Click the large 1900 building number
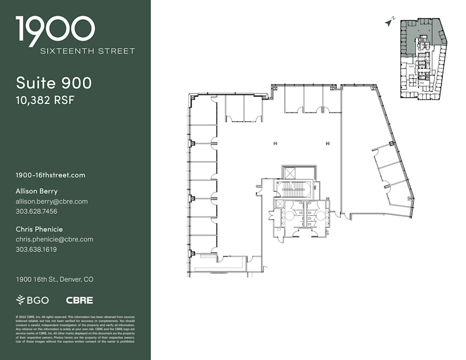pos(55,30)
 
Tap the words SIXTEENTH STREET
pos(88,51)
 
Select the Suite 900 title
pos(54,83)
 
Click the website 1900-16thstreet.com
pos(50,175)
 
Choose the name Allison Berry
pos(37,191)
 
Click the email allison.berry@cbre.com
pos(51,201)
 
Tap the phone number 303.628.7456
pos(36,211)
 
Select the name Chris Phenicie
pos(39,229)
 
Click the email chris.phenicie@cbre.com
pos(54,239)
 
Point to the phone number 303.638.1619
pos(36,249)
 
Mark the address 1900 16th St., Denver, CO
pos(54,279)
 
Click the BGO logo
pos(33,300)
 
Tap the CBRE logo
pos(79,300)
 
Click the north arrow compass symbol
pos(390,21)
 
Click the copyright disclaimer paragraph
pos(75,328)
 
